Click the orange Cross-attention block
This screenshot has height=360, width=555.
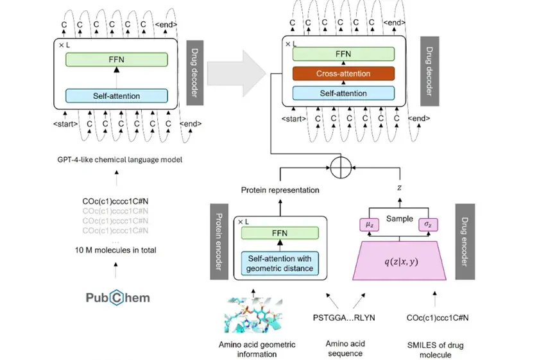(x=343, y=74)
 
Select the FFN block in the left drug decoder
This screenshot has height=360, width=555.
(x=116, y=60)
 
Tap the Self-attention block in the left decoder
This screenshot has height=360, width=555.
(x=116, y=96)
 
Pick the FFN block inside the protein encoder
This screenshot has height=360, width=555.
(x=278, y=232)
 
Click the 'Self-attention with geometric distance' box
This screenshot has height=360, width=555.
(x=278, y=262)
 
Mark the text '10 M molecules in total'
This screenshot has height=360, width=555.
(x=116, y=249)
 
